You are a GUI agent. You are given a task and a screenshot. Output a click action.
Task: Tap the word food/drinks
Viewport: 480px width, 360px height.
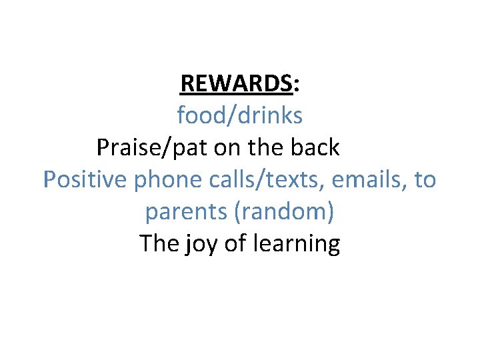[x=239, y=116]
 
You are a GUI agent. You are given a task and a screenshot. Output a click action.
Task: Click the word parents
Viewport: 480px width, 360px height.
[x=186, y=213]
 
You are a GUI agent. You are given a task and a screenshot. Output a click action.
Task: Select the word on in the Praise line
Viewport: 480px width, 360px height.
[x=227, y=148]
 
